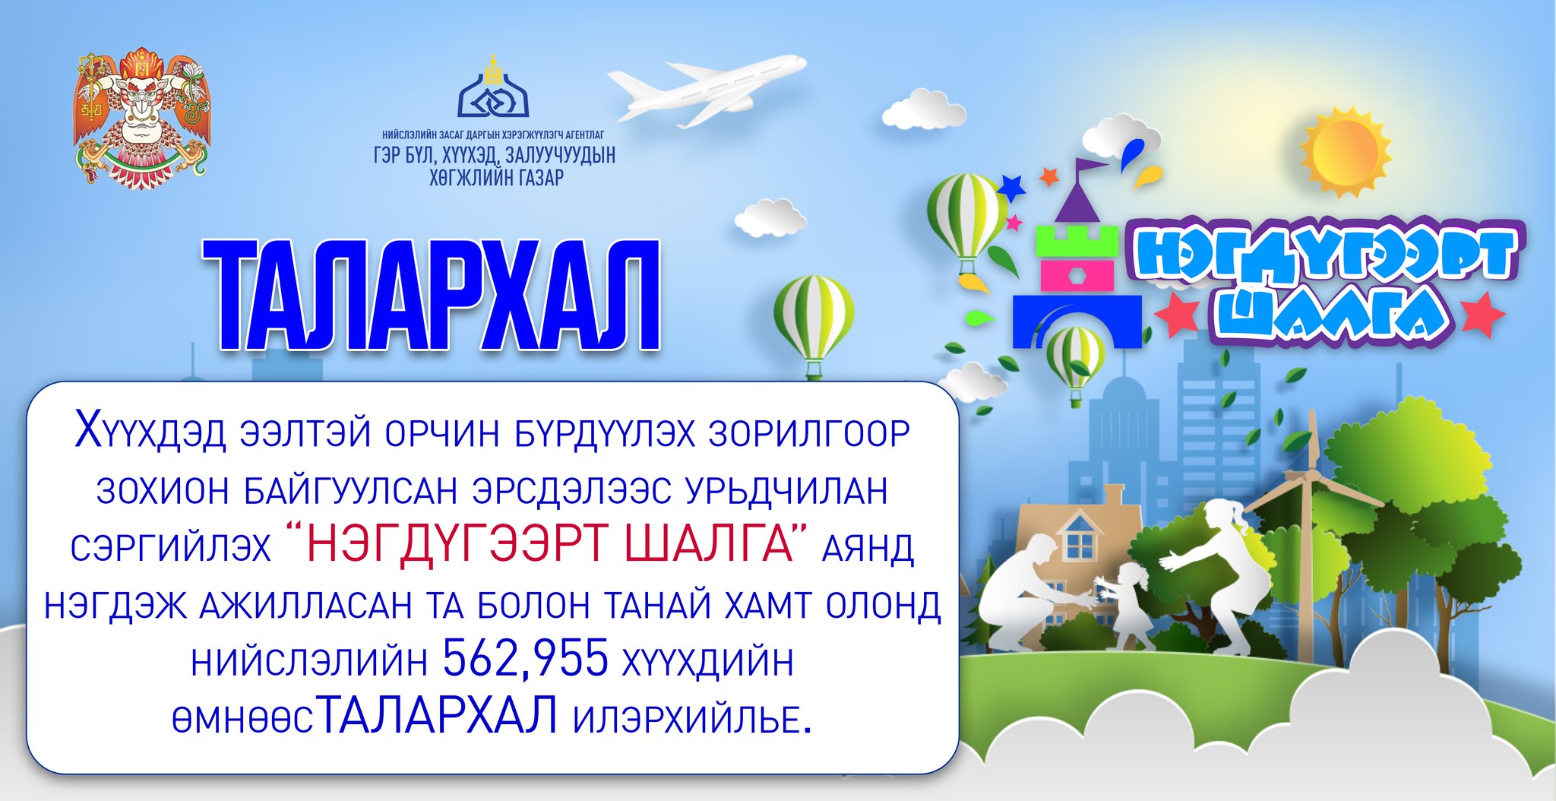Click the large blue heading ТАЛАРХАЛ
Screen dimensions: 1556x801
tap(432, 296)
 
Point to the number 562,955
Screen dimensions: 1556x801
tap(526, 658)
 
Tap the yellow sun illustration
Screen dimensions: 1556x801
tap(1346, 150)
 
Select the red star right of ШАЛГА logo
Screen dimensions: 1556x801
tap(1482, 315)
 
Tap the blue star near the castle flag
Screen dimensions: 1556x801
tap(1011, 187)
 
